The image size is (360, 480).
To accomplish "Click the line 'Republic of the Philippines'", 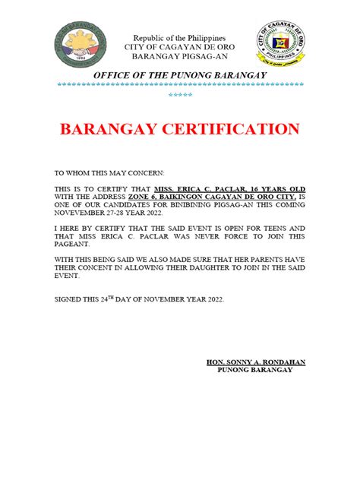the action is tap(179, 38).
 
